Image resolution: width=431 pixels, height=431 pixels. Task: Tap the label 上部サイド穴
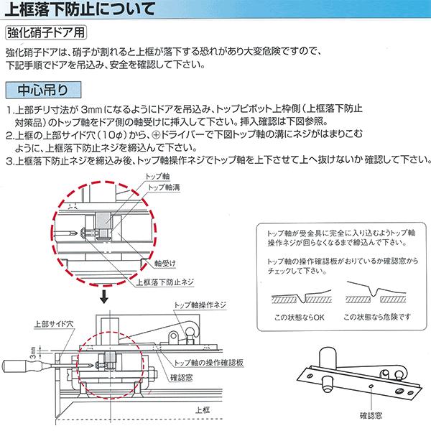coord(54,325)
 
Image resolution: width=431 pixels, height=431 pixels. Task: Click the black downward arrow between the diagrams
coord(106,295)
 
